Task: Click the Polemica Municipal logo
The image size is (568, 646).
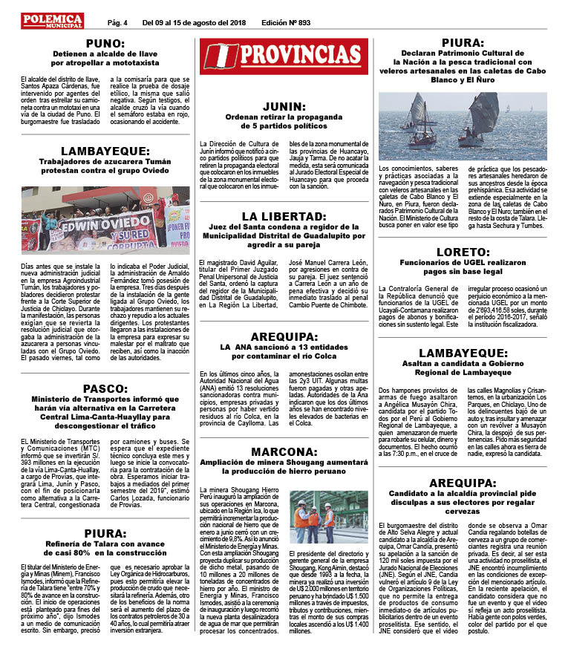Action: (x=52, y=20)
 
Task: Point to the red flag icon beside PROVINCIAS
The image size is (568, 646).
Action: (x=219, y=56)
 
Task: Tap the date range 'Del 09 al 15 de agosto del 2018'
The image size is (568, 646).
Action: (x=189, y=22)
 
